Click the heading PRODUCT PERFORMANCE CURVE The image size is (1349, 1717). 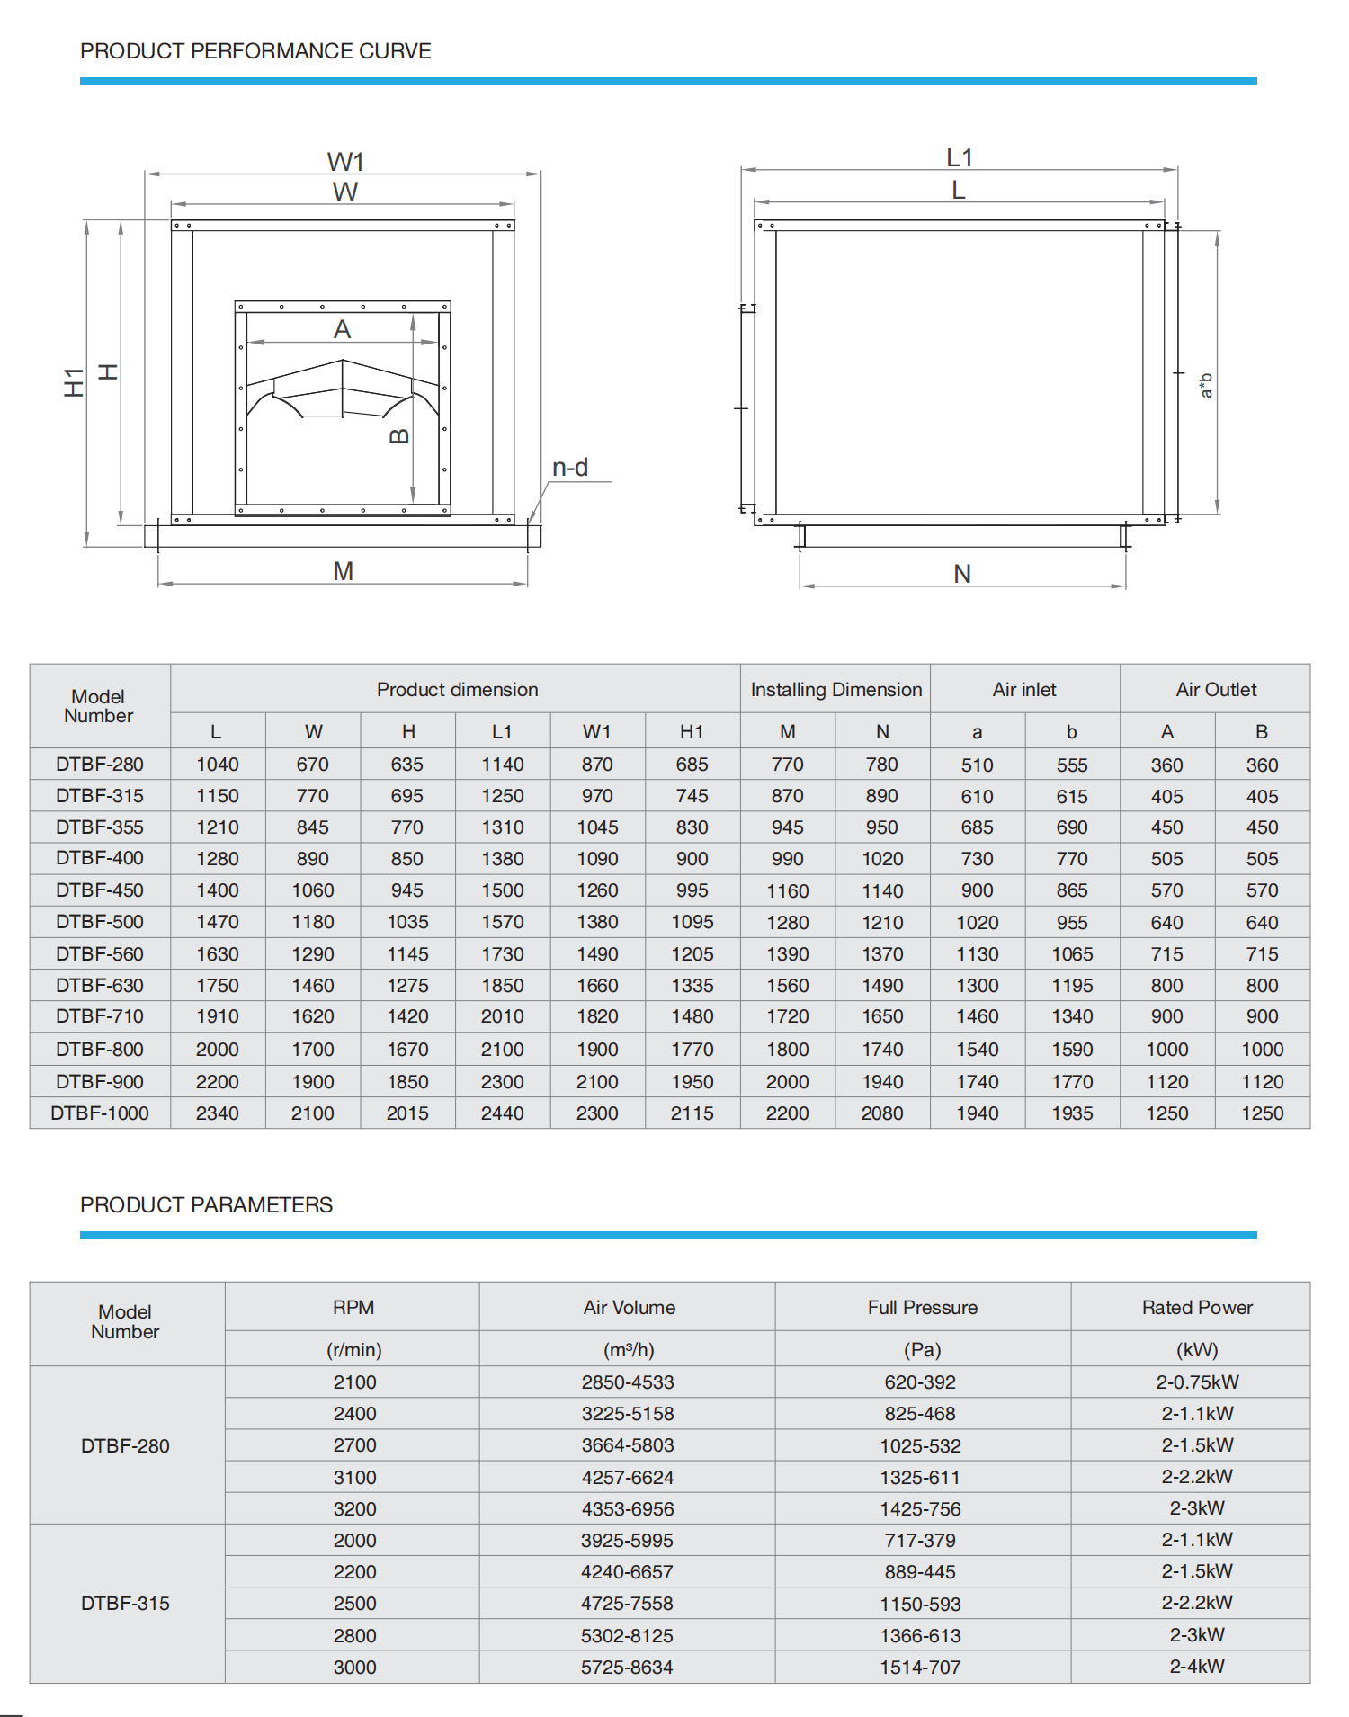click(x=255, y=51)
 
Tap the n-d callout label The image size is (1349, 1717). click(x=570, y=468)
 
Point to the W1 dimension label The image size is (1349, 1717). click(x=345, y=162)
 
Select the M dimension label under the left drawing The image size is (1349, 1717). click(x=343, y=571)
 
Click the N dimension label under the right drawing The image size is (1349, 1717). click(x=962, y=574)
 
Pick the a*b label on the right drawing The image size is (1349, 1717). click(x=1206, y=385)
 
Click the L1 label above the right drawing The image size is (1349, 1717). click(x=960, y=158)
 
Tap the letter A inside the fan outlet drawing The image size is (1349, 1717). click(x=342, y=330)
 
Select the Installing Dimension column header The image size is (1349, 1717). click(x=835, y=690)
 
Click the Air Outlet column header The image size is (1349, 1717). click(x=1216, y=690)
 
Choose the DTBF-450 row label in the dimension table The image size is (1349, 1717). click(x=100, y=890)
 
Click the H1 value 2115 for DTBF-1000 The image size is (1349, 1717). click(x=692, y=1113)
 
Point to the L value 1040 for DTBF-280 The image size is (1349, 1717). click(x=218, y=765)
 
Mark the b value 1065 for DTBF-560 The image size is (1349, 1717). click(x=1072, y=954)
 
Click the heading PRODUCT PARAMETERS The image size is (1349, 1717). click(x=206, y=1205)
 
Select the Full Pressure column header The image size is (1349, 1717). click(x=922, y=1308)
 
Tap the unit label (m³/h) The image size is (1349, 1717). click(x=629, y=1350)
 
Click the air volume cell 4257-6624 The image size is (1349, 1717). click(x=627, y=1478)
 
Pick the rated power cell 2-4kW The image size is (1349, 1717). click(x=1197, y=1667)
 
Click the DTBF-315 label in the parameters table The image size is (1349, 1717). click(x=125, y=1604)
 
